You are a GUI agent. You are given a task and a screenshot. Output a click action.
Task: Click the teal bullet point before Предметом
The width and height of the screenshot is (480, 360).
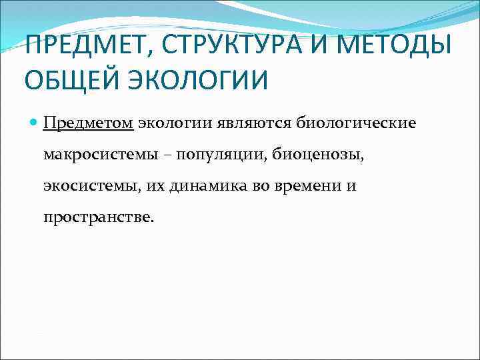point(34,123)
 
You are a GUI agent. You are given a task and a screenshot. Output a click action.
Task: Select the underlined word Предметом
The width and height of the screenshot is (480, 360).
point(89,123)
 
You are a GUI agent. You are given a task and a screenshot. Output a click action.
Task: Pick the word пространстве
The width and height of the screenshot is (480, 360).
point(98,217)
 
